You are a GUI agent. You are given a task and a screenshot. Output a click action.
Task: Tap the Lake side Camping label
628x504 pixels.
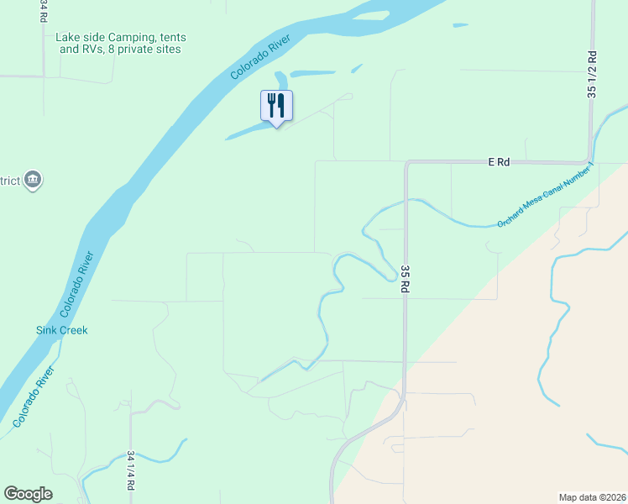pyautogui.click(x=121, y=44)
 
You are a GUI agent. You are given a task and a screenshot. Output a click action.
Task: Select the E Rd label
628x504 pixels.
pyautogui.click(x=499, y=162)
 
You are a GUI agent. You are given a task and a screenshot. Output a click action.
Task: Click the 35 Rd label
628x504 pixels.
pyautogui.click(x=405, y=278)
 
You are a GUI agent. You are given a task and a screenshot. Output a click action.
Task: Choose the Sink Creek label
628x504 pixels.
pyautogui.click(x=61, y=330)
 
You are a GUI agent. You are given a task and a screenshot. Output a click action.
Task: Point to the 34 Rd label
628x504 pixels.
pyautogui.click(x=43, y=11)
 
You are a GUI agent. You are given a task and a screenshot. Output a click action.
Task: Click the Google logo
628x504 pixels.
pyautogui.click(x=29, y=494)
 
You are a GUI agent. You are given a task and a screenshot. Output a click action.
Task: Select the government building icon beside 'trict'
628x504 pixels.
pyautogui.click(x=34, y=180)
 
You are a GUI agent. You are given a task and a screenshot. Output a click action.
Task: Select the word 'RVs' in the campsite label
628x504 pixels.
pyautogui.click(x=95, y=50)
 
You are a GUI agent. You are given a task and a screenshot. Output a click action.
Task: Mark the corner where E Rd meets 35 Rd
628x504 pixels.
pyautogui.click(x=406, y=163)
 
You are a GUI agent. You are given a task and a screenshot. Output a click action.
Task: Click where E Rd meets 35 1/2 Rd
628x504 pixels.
pyautogui.click(x=591, y=160)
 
